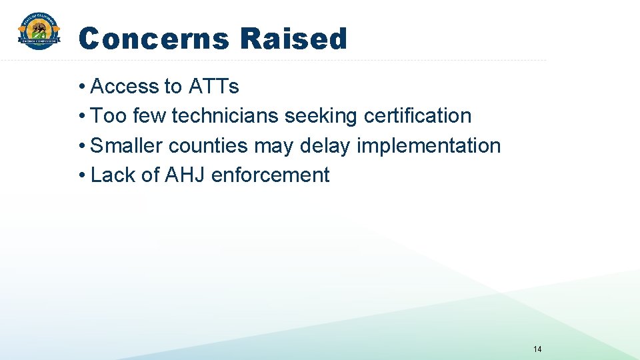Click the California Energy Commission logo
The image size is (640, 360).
click(x=39, y=31)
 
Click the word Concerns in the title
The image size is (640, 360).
click(x=153, y=39)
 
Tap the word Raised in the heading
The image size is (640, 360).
click(x=293, y=39)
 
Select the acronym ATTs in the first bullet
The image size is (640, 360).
click(x=214, y=87)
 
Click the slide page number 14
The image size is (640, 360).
click(x=538, y=349)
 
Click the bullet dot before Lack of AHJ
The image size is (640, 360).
click(x=81, y=175)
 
